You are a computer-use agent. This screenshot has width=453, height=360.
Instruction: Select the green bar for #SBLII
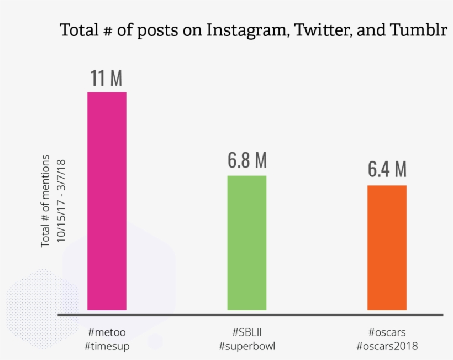point(246,243)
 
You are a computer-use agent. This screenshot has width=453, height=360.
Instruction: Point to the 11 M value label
point(107,79)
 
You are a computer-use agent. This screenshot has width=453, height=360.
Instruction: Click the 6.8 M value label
point(247,161)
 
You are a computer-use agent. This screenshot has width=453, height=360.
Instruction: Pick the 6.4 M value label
point(387,170)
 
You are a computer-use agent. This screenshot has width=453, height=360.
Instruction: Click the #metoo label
point(107,332)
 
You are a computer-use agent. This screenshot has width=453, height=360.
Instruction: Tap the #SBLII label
point(247,332)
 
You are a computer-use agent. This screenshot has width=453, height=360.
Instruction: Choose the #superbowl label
point(247,346)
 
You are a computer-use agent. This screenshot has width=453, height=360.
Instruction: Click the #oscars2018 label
point(387,346)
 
